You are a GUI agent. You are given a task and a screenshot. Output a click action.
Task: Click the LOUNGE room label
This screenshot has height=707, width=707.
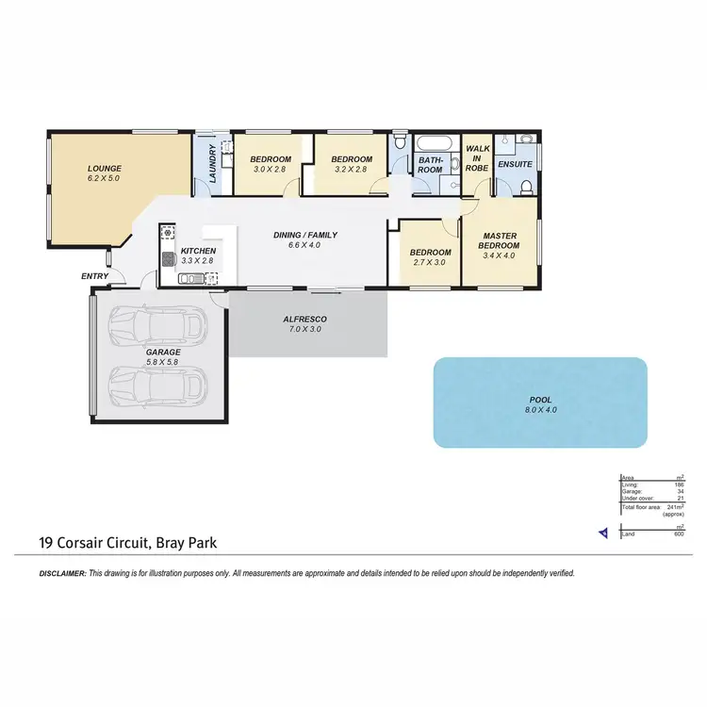pyautogui.click(x=105, y=169)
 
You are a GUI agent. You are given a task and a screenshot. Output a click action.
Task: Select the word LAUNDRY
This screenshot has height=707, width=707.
pyautogui.click(x=213, y=164)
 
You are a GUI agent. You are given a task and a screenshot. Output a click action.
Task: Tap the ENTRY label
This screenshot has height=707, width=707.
pyautogui.click(x=94, y=276)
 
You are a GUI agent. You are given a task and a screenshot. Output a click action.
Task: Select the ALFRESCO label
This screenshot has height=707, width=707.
pyautogui.click(x=305, y=320)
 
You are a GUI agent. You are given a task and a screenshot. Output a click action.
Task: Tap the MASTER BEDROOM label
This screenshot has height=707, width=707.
pyautogui.click(x=500, y=240)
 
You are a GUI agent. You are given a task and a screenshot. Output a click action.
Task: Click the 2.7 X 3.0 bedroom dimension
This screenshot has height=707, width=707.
pyautogui.click(x=429, y=264)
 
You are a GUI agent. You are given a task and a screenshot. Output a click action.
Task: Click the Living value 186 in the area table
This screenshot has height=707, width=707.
pyautogui.click(x=678, y=485)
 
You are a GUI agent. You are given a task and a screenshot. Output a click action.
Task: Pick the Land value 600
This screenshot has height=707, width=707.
pyautogui.click(x=678, y=534)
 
